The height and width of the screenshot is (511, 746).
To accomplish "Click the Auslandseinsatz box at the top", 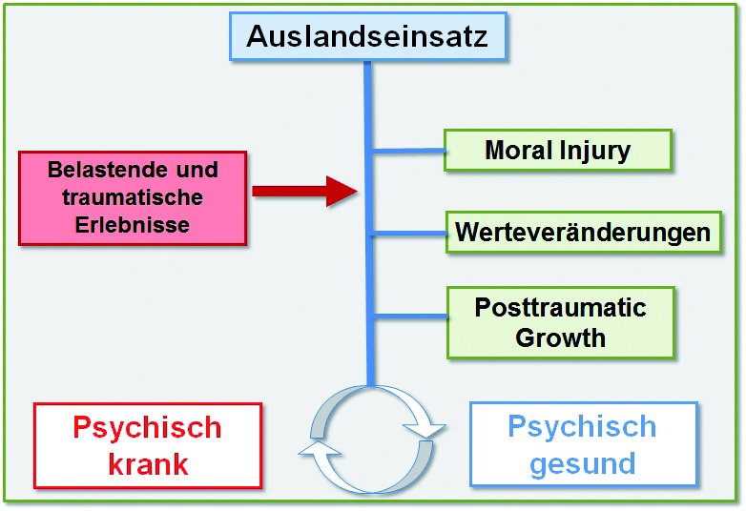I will (366, 37).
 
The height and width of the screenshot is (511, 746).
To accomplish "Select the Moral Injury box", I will (558, 150).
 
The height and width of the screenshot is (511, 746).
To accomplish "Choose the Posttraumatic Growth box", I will (561, 322).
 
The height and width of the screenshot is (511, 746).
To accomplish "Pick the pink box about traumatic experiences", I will (133, 198).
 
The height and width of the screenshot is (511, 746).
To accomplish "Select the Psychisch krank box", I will (147, 445).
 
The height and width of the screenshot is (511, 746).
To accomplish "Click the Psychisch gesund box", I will (582, 445).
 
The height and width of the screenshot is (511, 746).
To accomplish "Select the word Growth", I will (561, 337).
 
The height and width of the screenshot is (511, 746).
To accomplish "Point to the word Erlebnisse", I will (133, 226).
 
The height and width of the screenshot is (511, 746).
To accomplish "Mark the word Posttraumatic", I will (561, 308).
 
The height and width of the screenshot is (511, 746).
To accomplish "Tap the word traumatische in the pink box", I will (133, 198).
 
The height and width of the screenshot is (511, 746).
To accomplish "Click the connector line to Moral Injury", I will (408, 150).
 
